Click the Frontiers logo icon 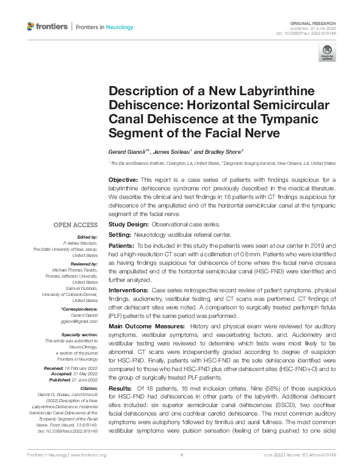32,26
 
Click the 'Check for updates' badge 327,53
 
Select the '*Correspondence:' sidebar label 79,309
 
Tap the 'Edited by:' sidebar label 86,237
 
